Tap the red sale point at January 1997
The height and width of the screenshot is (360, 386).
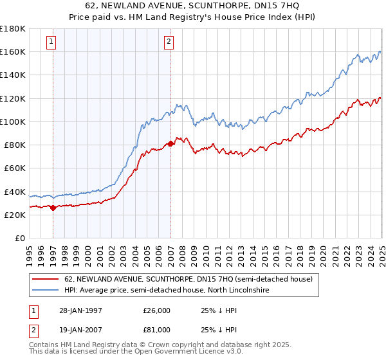[53, 208]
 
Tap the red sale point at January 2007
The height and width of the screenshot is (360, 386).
[170, 144]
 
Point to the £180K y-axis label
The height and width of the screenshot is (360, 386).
[12, 28]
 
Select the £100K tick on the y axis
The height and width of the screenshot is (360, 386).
[12, 122]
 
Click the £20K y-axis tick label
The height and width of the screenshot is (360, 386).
[15, 215]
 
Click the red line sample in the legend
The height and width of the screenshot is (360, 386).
[46, 280]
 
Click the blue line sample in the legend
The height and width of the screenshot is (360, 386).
[46, 291]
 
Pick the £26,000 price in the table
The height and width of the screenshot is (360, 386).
[156, 311]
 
